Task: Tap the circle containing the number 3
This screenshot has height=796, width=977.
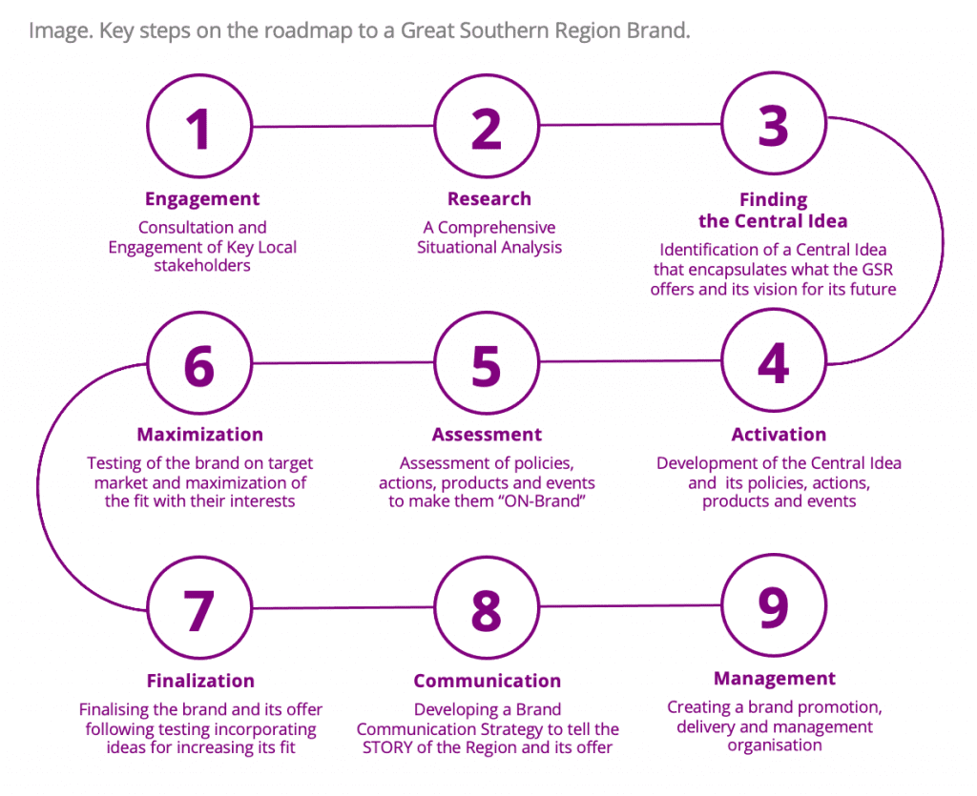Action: pos(774,124)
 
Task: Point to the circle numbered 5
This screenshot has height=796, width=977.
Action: pos(487,364)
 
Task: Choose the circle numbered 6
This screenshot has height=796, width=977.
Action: pos(199,364)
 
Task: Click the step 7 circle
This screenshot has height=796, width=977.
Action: pos(199,608)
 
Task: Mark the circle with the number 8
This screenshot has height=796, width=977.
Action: pos(487,608)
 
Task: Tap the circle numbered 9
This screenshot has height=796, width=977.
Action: pos(774,605)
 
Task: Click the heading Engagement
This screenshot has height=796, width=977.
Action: pos(202,199)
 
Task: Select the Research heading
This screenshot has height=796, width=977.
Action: pos(489,199)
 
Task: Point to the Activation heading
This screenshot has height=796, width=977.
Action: pos(779,435)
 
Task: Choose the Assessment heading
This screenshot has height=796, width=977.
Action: pos(487,435)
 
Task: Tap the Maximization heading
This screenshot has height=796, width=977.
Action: pos(199,435)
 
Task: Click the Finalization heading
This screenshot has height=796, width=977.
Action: pos(200,681)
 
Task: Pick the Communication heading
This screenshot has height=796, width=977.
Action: pos(487,681)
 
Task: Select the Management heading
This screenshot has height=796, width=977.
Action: pos(775,679)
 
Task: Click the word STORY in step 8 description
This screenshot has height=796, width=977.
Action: pos(389,747)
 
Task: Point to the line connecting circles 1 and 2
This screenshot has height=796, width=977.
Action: pos(343,126)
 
